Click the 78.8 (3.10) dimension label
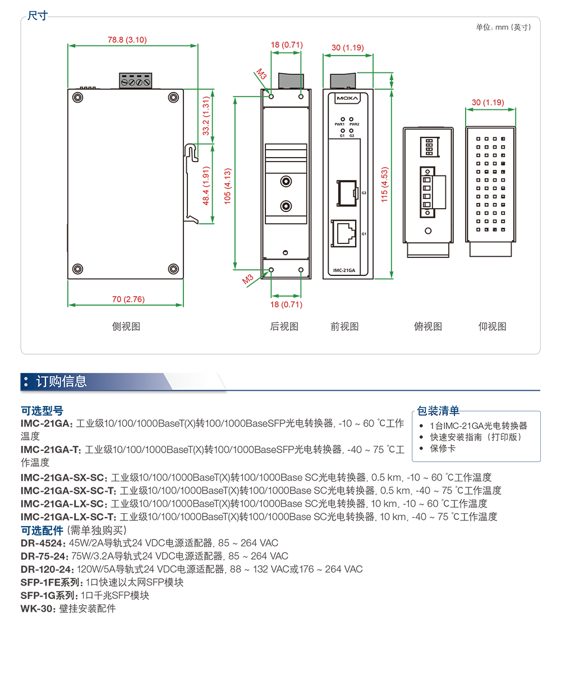(x=127, y=40)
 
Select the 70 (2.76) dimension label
(x=128, y=299)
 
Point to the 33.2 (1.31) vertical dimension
(x=206, y=116)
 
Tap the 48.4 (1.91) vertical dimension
(x=206, y=186)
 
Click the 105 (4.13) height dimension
(x=228, y=186)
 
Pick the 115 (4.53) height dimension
(x=384, y=185)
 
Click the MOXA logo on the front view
(x=347, y=98)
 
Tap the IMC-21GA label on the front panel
(x=344, y=270)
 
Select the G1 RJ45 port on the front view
(x=344, y=233)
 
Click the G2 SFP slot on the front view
(x=347, y=193)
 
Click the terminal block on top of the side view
(x=135, y=81)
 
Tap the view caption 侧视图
(x=126, y=326)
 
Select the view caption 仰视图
(x=492, y=326)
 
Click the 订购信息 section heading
(x=61, y=381)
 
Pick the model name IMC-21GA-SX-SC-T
(x=68, y=490)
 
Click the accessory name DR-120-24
(x=47, y=569)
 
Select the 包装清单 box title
(x=438, y=411)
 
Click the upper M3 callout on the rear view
(x=261, y=74)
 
